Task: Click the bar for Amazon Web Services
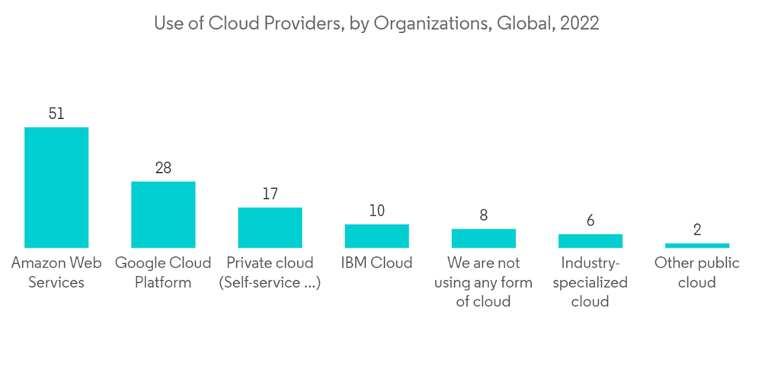56,187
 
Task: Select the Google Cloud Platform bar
163,215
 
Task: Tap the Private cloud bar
270,228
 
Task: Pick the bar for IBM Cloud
376,236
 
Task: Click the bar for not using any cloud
483,238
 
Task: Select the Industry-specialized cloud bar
590,241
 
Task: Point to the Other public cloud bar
696,245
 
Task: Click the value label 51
56,114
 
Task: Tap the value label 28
163,168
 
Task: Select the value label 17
270,194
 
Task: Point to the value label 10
376,210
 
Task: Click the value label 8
483,215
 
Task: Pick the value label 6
590,220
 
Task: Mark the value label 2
696,230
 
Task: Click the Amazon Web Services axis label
56,272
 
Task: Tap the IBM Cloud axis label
376,263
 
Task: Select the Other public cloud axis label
696,272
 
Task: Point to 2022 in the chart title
579,24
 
